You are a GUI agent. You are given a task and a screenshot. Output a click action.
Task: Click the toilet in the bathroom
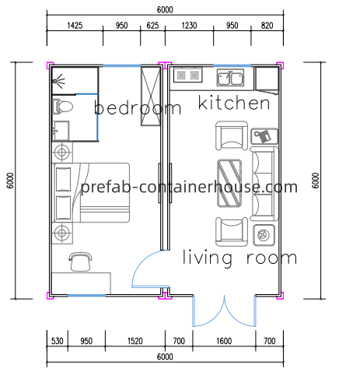(62, 107)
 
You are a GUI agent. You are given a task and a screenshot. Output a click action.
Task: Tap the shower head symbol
(59, 81)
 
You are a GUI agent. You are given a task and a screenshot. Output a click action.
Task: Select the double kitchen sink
(230, 77)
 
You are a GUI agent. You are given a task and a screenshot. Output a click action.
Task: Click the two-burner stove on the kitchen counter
(188, 75)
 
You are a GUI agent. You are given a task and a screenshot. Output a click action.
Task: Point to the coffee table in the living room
(229, 183)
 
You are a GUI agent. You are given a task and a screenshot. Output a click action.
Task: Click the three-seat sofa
(264, 184)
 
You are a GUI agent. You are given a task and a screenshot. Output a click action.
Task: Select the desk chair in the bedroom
(81, 261)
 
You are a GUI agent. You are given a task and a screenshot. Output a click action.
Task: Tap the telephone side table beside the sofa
(264, 136)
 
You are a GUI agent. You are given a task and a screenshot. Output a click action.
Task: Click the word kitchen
(234, 103)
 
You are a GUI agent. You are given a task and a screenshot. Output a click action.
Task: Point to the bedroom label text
(138, 107)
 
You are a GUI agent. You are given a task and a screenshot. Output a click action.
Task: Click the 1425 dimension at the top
(75, 26)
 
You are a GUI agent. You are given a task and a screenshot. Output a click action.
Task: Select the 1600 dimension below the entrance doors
(224, 341)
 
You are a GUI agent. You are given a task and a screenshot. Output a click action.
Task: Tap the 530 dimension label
(57, 341)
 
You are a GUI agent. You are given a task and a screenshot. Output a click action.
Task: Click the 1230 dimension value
(189, 26)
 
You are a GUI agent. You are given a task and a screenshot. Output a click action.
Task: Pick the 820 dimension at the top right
(267, 26)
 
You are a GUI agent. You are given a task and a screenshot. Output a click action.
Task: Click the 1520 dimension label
(135, 341)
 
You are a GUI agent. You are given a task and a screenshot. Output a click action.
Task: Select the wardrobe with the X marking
(151, 97)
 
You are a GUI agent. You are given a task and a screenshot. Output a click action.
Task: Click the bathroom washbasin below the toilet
(61, 131)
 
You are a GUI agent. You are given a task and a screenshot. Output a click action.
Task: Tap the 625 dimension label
(152, 26)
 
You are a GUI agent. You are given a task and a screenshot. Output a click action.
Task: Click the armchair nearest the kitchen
(232, 135)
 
